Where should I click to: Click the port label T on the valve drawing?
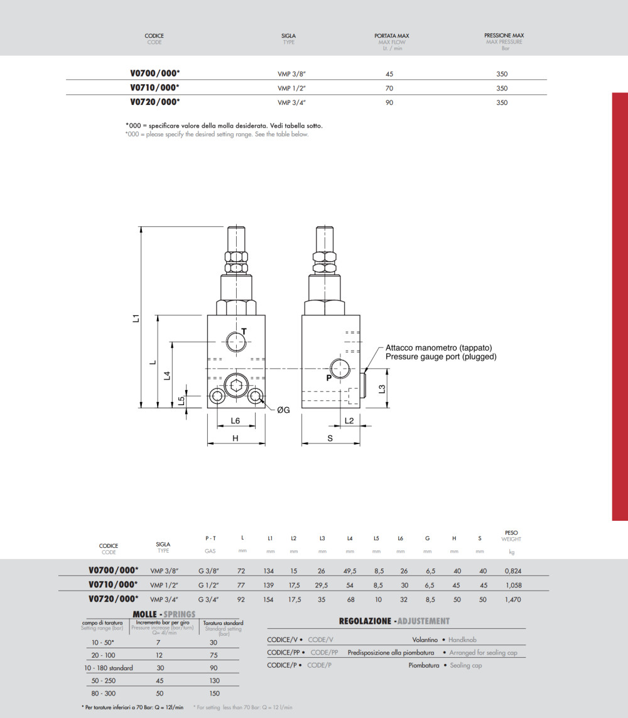point(244,332)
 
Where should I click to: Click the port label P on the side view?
point(328,378)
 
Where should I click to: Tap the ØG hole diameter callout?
point(283,410)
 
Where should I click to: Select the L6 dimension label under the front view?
point(235,421)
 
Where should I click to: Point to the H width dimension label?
point(235,438)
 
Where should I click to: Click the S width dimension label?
point(330,438)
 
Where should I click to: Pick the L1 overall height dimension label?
point(136,318)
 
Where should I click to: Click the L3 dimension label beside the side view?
point(382,389)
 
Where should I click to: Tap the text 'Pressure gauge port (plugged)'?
point(441,357)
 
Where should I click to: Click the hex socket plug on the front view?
point(236,384)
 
